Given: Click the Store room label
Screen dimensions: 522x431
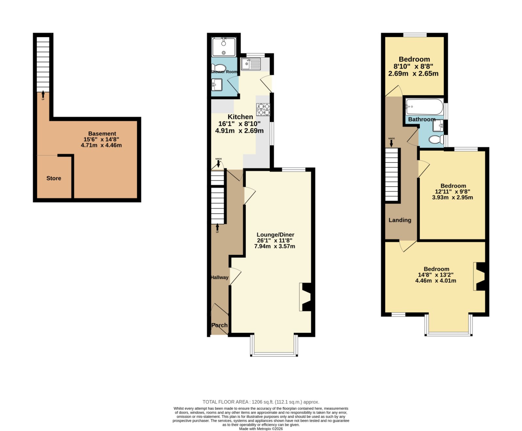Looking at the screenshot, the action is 54,178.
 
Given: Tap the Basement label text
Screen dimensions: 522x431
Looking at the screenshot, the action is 102,134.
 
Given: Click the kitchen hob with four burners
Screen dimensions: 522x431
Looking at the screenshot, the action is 263,110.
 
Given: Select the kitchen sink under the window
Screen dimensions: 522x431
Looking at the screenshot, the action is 251,64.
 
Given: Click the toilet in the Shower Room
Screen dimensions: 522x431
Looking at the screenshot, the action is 218,68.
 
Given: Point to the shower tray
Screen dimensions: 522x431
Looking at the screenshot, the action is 223,47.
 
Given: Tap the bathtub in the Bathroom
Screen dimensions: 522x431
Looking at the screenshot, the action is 424,107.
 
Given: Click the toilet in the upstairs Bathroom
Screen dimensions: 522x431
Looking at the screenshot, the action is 436,140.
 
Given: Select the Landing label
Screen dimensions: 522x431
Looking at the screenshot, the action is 400,220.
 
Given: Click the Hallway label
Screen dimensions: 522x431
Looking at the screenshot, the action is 220,277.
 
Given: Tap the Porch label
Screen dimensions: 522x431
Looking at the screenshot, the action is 219,325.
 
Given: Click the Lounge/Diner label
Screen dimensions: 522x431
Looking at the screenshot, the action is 275,235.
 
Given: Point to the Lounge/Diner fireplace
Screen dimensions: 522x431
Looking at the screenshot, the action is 306,297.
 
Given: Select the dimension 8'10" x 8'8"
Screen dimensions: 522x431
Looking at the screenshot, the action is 413,67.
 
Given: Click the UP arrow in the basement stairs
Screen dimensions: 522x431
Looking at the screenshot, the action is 43,95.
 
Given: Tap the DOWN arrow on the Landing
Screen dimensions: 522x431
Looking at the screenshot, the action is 391,143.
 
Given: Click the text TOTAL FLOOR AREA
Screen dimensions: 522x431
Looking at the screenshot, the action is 225,402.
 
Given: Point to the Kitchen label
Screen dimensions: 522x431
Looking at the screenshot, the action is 240,117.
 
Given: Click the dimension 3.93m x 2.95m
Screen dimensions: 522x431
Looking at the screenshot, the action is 453,197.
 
